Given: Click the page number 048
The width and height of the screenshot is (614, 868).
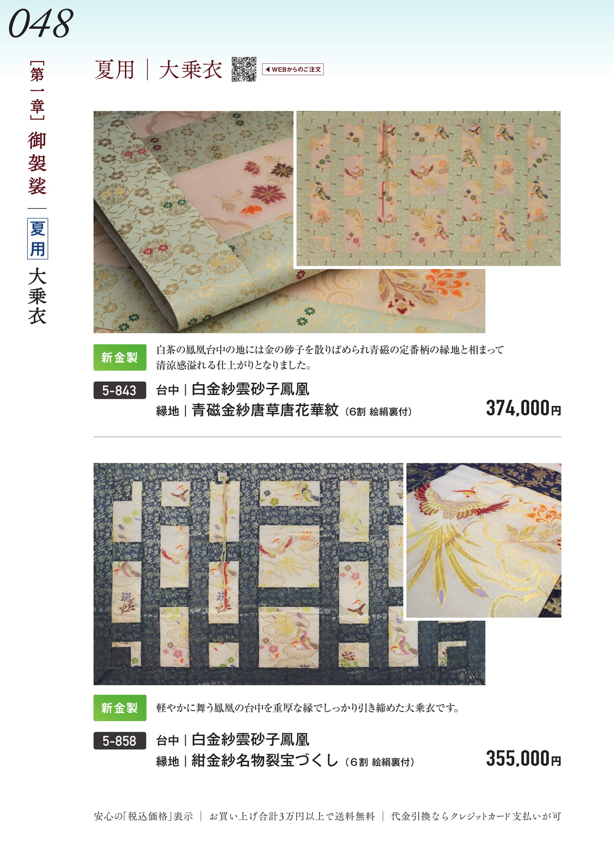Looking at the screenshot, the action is tap(41, 24).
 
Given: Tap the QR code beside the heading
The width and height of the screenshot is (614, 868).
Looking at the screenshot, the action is tap(244, 69).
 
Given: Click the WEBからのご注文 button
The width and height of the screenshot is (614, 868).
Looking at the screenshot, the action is tap(293, 69).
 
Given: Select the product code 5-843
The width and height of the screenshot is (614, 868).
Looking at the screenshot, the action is tap(119, 390).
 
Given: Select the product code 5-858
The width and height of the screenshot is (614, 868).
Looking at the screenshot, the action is tap(119, 741).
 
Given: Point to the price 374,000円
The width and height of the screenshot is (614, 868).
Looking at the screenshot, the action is tap(524, 408).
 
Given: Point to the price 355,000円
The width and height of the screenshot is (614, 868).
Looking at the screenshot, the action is tap(524, 759).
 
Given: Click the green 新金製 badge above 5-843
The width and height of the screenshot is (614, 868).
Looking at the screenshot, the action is tap(120, 357).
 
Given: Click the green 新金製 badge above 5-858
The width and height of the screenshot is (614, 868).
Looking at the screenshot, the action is tap(120, 708).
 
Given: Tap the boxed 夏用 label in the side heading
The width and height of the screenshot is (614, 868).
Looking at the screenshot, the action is tap(38, 239).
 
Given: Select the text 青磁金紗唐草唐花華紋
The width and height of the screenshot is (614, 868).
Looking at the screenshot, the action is tap(265, 410).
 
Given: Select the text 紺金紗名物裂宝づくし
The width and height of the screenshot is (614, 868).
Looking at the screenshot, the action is tap(265, 760).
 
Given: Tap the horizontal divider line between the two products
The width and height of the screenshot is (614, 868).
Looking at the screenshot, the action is tap(327, 437).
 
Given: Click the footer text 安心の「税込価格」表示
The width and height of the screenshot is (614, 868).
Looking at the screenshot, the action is tap(143, 816).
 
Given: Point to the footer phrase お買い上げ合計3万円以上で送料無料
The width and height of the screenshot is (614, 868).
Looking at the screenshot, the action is tap(292, 816).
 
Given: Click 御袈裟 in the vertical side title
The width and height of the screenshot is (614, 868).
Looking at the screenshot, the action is tap(37, 163).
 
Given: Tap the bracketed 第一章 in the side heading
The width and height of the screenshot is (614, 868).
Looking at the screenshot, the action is tap(37, 90).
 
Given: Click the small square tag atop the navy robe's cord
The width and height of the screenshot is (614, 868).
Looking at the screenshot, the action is tap(222, 476).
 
